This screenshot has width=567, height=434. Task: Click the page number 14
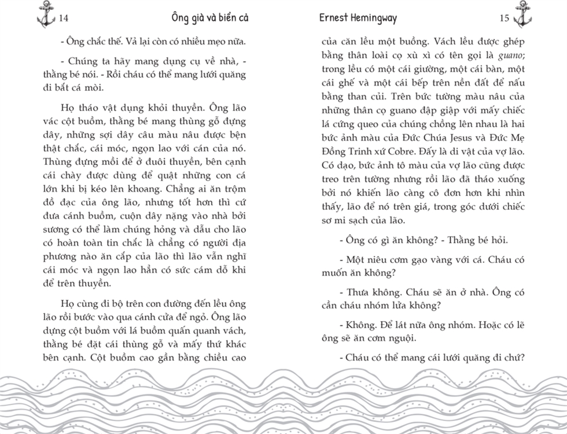(x=64, y=18)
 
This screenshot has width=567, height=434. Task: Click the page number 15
(x=504, y=18)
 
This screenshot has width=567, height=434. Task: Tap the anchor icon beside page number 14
(x=46, y=14)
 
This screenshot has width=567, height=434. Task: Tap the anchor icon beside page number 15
(x=522, y=14)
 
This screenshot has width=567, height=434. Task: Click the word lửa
(x=404, y=306)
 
